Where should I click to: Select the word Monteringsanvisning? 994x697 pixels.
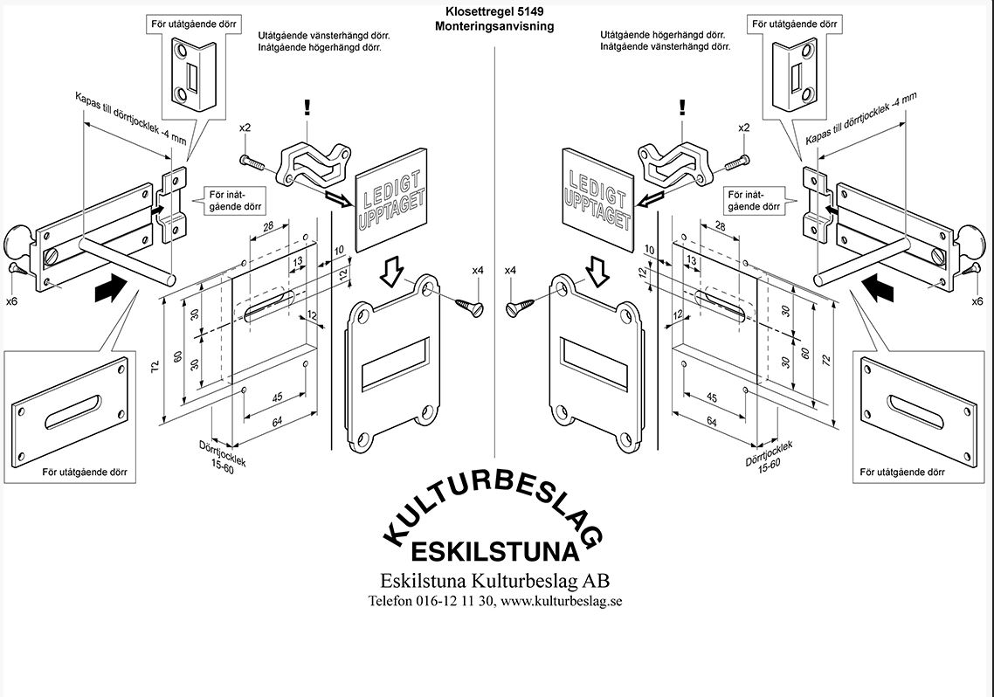[494, 26]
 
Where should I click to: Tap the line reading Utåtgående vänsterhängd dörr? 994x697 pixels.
[323, 36]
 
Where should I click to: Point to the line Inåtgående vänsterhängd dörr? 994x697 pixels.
[665, 47]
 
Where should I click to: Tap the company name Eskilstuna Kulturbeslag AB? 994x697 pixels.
[494, 581]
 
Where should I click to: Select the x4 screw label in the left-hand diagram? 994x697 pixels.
[478, 272]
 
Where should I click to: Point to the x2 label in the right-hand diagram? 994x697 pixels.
[743, 128]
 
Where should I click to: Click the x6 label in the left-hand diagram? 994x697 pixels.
[12, 300]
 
